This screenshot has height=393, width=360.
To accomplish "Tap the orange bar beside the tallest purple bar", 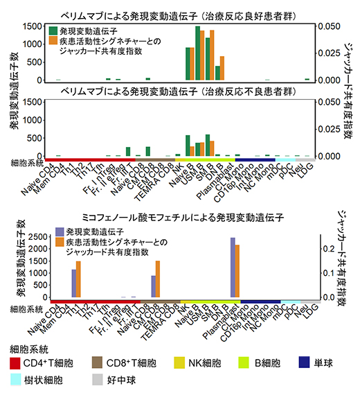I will (x=237, y=271).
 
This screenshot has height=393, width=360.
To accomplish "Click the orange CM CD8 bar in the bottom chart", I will (x=158, y=279).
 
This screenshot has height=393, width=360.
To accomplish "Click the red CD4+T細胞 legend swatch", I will (x=16, y=363).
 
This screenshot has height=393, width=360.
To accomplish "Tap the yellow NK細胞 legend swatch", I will (x=182, y=363).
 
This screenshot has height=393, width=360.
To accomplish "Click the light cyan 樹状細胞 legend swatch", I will (x=16, y=380).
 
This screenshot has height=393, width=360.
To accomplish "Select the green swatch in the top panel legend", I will (x=54, y=31).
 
